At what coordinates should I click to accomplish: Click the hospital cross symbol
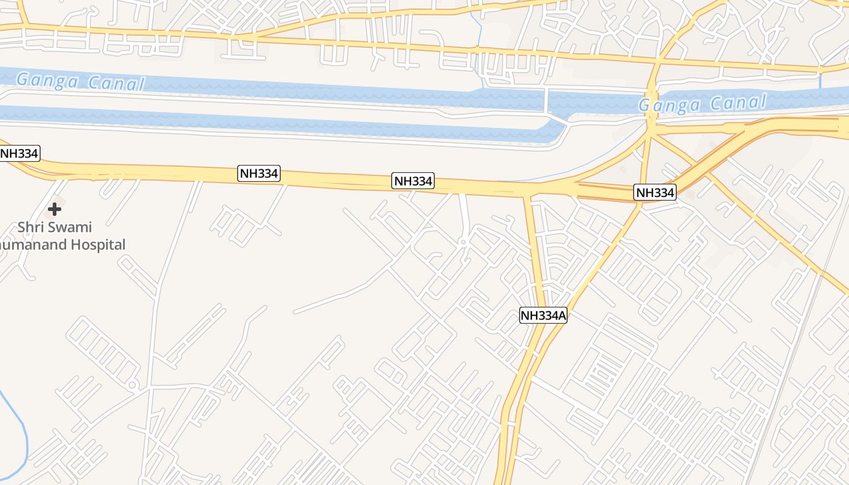coord(55,210)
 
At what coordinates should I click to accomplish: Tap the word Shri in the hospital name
coord(30,227)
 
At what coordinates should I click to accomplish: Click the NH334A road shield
coord(543,315)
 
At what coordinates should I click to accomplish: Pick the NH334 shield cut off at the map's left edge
coord(19,153)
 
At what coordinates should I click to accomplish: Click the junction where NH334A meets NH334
coord(529,194)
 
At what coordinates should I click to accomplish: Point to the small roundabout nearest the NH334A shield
coord(463,242)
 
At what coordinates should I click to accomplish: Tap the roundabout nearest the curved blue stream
coord(132,384)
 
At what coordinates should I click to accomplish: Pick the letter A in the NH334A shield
coord(562,315)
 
